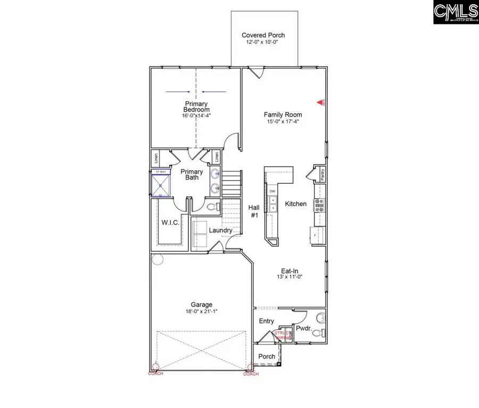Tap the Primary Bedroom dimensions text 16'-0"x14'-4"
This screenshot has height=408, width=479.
coord(196,116)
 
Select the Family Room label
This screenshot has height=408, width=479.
coord(283,115)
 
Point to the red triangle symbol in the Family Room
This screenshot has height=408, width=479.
coord(321,101)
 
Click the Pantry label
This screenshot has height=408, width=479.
coord(321,173)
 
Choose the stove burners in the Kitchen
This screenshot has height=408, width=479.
coord(320,205)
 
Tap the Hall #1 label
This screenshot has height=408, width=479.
coord(254,211)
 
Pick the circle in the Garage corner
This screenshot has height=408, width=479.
coord(156,259)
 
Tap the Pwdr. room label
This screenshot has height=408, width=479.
coord(304,329)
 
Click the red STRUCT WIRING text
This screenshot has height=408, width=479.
coord(283,335)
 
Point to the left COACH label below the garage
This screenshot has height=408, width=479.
coord(155,373)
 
